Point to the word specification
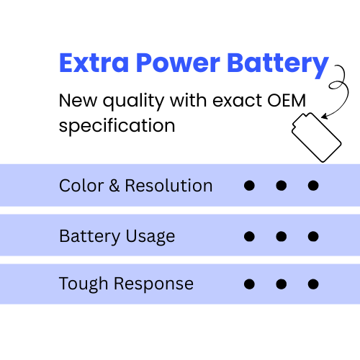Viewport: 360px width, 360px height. point(117,125)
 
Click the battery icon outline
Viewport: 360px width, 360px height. point(315,137)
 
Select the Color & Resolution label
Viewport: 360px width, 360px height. point(135,186)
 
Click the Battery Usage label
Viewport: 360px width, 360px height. point(117,236)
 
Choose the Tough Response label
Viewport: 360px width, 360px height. point(126,284)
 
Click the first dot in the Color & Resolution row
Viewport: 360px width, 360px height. point(249,186)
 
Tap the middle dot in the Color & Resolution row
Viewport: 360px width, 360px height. point(282,186)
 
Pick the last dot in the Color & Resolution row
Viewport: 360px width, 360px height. point(313,186)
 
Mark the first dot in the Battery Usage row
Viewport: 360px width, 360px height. point(249,236)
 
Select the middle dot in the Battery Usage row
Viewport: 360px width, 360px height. point(282,236)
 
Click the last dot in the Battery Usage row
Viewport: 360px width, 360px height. point(313,236)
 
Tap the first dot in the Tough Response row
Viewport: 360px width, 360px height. point(249,284)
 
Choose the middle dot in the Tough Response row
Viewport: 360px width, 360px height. point(282,284)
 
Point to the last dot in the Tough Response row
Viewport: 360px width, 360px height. point(313,284)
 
